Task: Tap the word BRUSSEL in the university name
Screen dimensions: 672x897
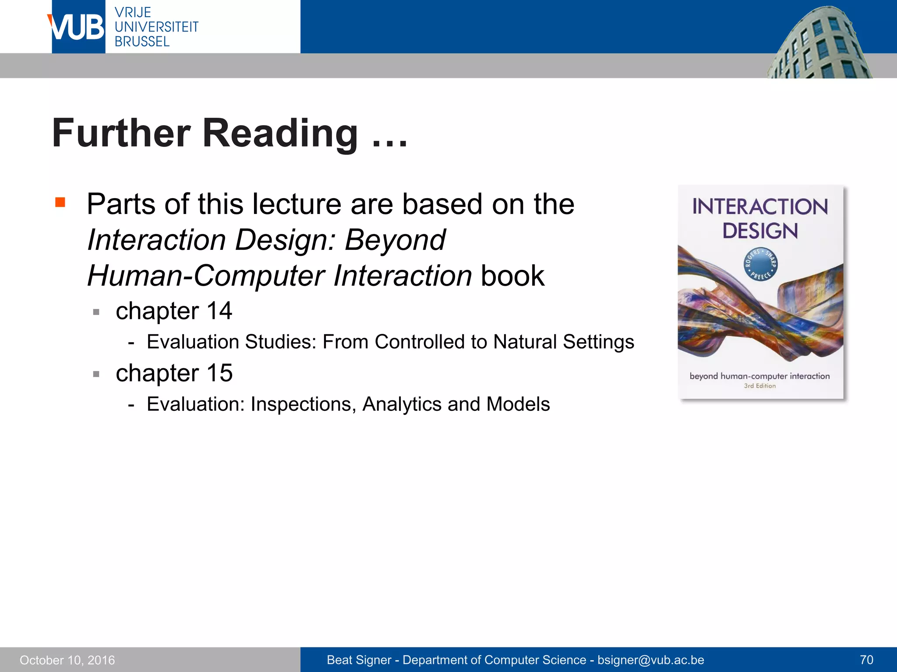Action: point(142,42)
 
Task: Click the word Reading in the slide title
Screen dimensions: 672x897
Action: point(280,133)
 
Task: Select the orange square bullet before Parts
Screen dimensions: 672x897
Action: point(60,202)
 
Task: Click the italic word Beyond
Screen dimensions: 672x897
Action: point(395,240)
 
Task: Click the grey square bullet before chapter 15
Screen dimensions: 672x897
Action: point(96,374)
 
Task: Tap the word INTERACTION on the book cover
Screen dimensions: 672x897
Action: point(760,207)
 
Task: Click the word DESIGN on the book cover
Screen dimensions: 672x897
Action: point(760,231)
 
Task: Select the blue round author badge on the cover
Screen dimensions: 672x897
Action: point(761,265)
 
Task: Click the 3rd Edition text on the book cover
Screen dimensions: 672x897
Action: point(759,386)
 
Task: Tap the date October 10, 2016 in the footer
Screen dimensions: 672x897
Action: point(67,660)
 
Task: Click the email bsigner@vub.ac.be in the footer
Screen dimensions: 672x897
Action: point(650,660)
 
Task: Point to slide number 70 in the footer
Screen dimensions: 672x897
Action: point(866,660)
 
